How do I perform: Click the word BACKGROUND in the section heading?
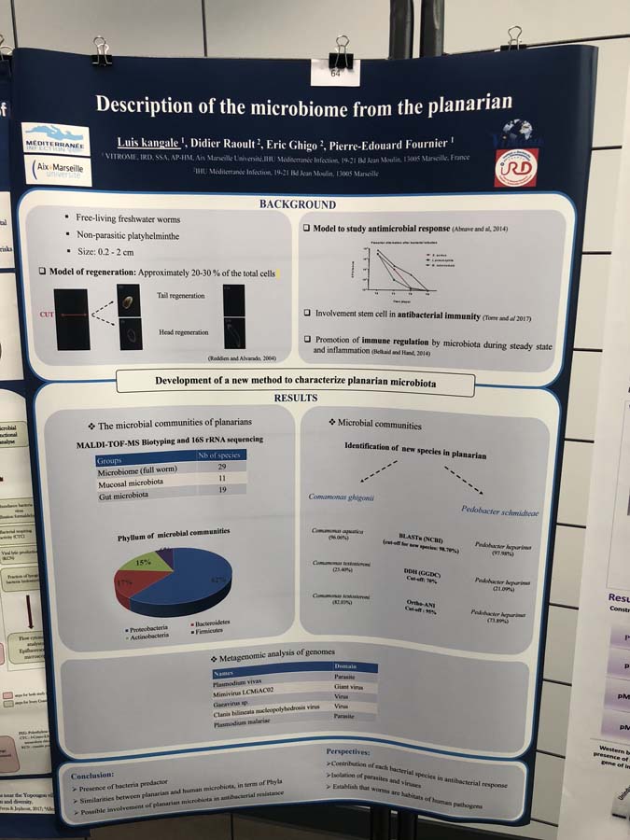point(297,204)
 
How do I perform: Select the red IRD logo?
point(515,167)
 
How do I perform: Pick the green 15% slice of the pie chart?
point(150,561)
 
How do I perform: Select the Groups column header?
point(112,460)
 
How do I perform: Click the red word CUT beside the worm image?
point(46,315)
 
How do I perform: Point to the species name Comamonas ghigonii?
point(342,497)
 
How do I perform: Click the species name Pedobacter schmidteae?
point(499,511)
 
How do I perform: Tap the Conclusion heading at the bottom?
point(92,774)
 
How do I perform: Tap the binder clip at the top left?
point(101,50)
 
